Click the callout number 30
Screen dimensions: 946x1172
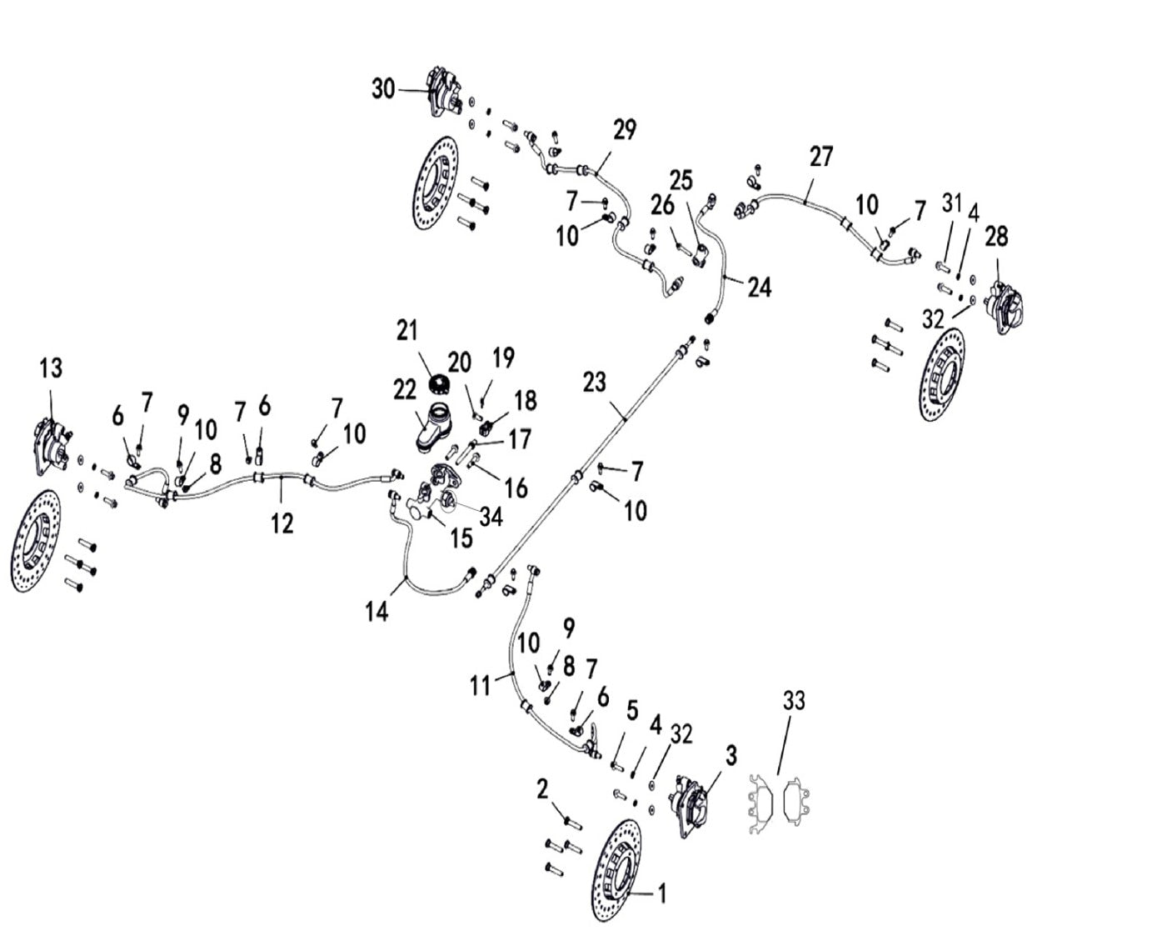click(x=383, y=88)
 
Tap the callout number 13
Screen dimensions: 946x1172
click(x=51, y=368)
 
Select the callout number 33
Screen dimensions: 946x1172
click(x=794, y=701)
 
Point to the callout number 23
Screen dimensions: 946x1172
click(x=594, y=383)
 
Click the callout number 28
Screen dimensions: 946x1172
click(x=995, y=236)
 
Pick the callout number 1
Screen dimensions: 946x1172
click(x=662, y=895)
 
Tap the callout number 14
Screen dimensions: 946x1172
click(x=377, y=612)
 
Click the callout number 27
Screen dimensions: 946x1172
click(x=820, y=157)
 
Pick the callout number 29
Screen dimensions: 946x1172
click(x=625, y=129)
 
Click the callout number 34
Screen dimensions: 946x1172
click(x=491, y=517)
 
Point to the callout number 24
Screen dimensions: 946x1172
click(x=759, y=288)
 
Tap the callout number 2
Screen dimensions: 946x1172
click(x=542, y=788)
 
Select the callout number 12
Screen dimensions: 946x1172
click(x=282, y=523)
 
